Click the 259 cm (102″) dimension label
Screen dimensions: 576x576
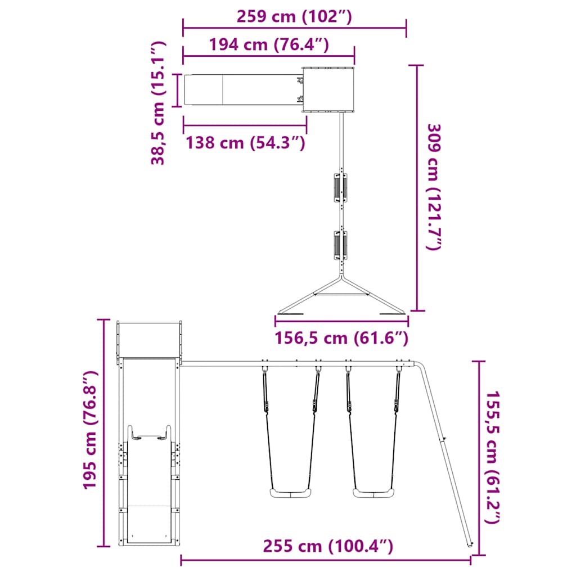(x=294, y=16)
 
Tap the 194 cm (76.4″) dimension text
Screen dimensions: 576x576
(x=269, y=44)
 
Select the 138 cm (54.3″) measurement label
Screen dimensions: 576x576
(x=246, y=143)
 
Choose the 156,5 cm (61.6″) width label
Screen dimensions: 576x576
(x=341, y=338)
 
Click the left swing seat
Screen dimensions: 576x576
(x=290, y=494)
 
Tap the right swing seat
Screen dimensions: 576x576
(x=372, y=494)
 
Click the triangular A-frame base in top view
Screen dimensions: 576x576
(x=342, y=298)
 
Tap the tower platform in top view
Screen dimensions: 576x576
(x=328, y=89)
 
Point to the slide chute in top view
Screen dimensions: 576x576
(x=242, y=90)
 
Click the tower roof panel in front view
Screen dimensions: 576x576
(x=149, y=339)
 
